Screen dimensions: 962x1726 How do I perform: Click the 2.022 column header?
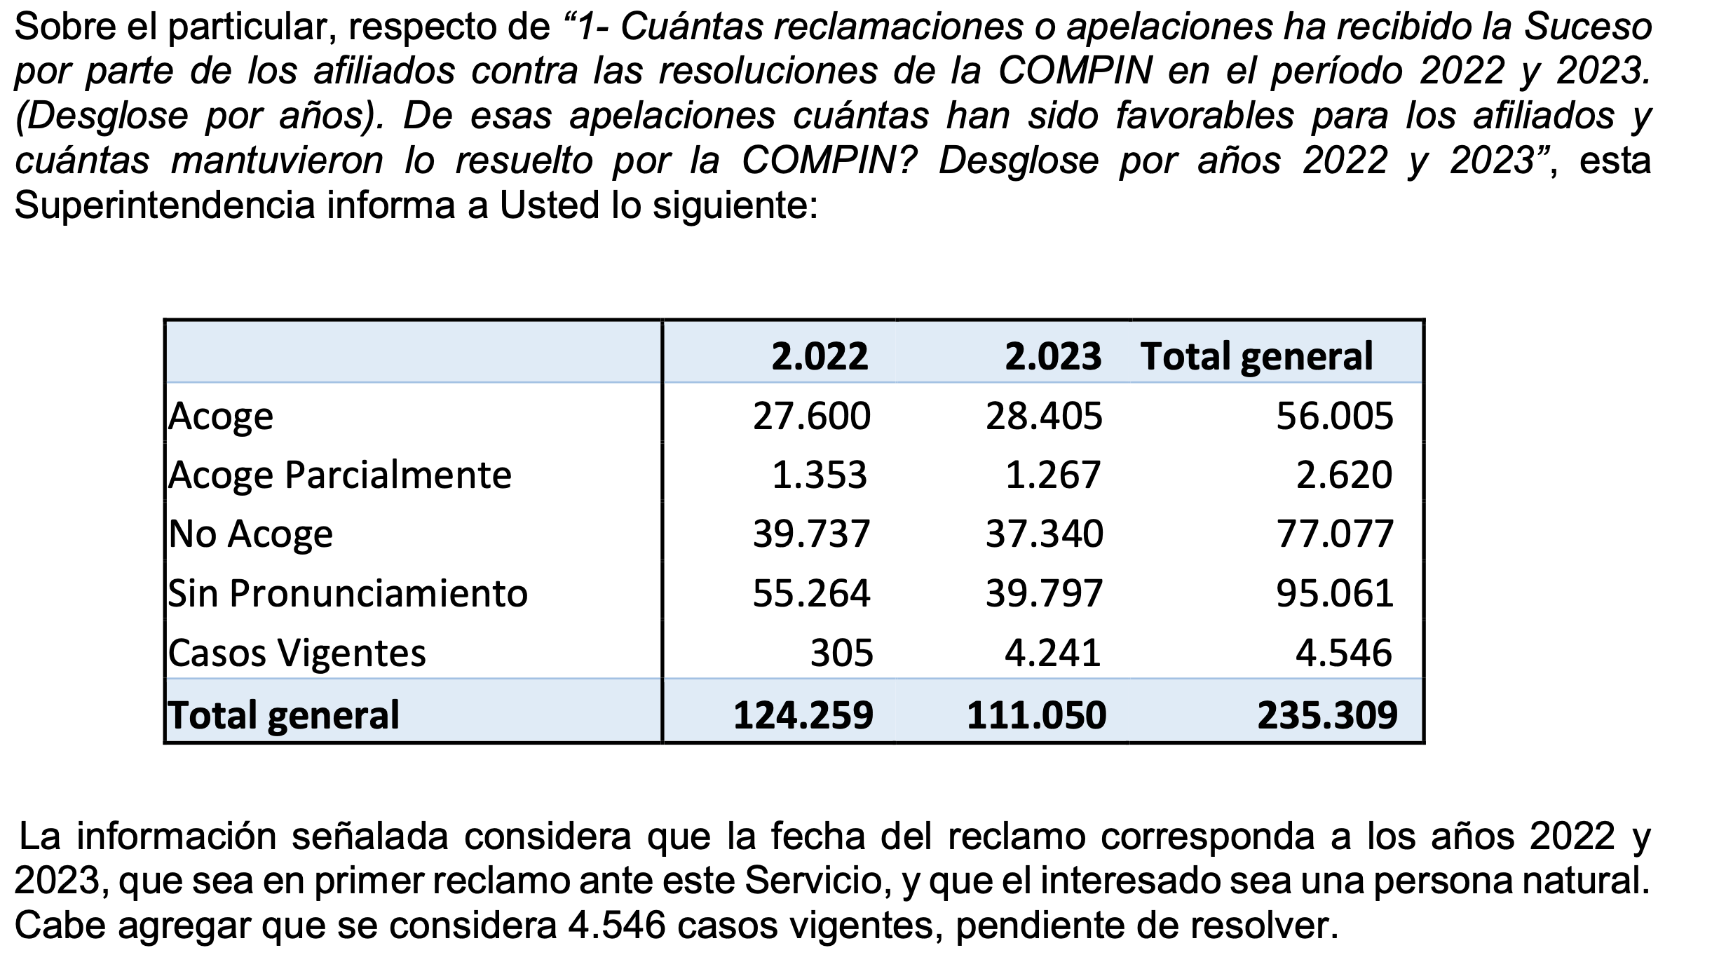819,356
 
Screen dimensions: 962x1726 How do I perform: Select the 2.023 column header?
1052,356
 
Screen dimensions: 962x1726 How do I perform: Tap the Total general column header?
1256,356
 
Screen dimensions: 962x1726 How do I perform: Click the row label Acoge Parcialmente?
340,475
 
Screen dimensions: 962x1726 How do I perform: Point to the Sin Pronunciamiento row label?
348,594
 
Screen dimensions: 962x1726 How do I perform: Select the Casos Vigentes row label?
297,653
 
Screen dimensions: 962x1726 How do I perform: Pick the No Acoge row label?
251,534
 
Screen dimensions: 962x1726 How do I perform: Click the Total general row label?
284,714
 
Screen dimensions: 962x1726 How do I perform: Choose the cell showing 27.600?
811,416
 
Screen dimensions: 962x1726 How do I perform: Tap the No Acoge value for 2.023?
1044,534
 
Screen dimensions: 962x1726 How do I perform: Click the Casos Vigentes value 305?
841,653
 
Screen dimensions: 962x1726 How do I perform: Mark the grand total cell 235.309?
1327,715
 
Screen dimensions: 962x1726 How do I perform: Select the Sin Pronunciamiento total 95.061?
1334,594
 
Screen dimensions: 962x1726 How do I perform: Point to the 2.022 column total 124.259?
803,715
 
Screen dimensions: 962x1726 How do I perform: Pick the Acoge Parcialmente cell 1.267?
1052,475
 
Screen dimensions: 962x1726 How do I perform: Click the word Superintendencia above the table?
165,206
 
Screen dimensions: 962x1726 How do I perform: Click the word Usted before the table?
549,206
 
